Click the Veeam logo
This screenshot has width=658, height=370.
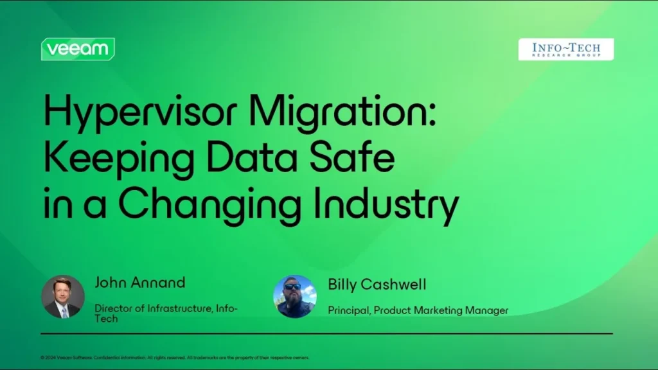(78, 49)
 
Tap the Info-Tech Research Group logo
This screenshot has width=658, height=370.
(565, 49)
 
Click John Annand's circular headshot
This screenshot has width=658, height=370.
(63, 297)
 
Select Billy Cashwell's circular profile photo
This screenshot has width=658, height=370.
(295, 297)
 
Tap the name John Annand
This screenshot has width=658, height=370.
(140, 282)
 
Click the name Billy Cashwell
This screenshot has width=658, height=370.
(377, 284)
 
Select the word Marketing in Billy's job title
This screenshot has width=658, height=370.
(438, 311)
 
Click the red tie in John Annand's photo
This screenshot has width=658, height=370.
(64, 310)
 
